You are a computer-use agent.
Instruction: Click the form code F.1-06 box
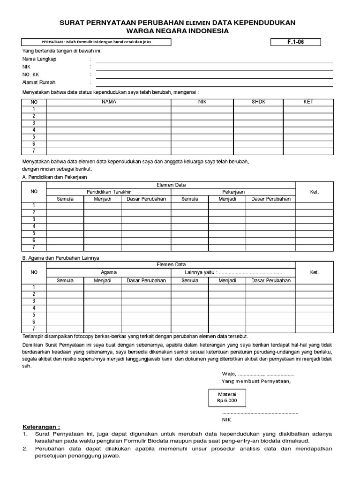(x=296, y=42)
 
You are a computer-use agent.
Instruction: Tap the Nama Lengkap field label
(x=39, y=59)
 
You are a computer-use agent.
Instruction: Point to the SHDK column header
(x=258, y=102)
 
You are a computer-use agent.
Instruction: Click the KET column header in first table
(x=308, y=102)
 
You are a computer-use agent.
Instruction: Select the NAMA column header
(x=108, y=102)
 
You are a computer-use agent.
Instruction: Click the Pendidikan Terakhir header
(x=108, y=192)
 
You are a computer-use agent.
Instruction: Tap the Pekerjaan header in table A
(x=233, y=192)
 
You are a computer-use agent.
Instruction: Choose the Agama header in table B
(x=109, y=272)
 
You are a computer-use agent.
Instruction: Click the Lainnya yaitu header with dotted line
(x=233, y=272)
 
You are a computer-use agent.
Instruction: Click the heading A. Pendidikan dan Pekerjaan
(x=54, y=177)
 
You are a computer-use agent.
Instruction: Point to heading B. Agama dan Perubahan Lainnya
(x=61, y=258)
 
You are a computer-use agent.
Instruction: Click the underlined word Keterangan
(x=41, y=427)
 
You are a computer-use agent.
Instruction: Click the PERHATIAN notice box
(x=96, y=42)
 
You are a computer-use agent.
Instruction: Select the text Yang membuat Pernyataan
(x=256, y=381)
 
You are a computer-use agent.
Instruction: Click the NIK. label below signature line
(x=227, y=420)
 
